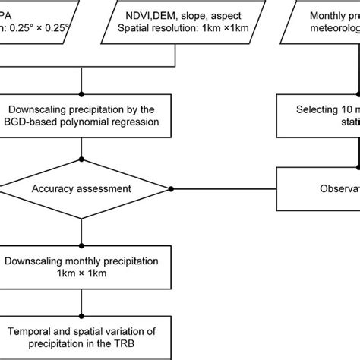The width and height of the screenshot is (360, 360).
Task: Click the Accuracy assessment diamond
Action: click(x=81, y=188)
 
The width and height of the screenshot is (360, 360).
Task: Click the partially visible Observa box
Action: click(x=319, y=188)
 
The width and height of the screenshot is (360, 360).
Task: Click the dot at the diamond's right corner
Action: click(x=172, y=188)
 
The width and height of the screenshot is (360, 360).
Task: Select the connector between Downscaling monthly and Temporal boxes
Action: click(x=81, y=299)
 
